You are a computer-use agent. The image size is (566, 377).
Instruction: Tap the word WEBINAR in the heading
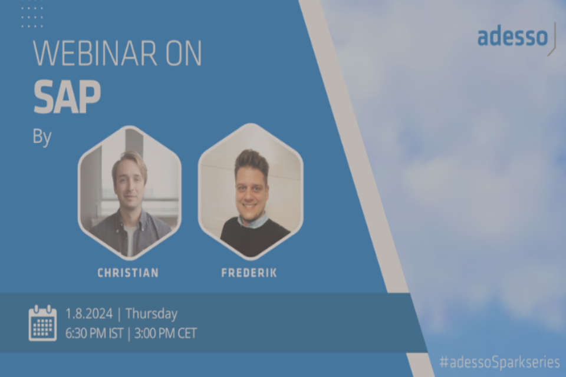(x=95, y=54)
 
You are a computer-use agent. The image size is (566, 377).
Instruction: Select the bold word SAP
(x=67, y=97)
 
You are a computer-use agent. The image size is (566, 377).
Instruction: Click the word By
(x=42, y=137)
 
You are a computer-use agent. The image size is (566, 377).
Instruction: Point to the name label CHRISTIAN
(x=128, y=273)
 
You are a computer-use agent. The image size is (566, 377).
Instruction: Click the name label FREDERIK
(x=249, y=273)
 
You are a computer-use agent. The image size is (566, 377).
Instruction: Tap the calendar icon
(x=42, y=323)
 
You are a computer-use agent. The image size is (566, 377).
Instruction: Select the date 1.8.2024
(x=89, y=313)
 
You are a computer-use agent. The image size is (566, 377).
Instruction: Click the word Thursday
(x=152, y=314)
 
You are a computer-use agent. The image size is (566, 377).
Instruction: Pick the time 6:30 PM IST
(x=94, y=333)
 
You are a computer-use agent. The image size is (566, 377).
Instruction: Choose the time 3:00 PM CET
(x=166, y=333)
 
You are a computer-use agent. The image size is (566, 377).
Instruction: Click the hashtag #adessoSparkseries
(x=499, y=362)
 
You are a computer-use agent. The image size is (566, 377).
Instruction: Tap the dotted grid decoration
(x=32, y=17)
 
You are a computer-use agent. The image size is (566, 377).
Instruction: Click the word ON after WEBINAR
(x=183, y=54)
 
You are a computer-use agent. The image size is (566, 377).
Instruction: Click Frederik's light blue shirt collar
(x=253, y=221)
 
